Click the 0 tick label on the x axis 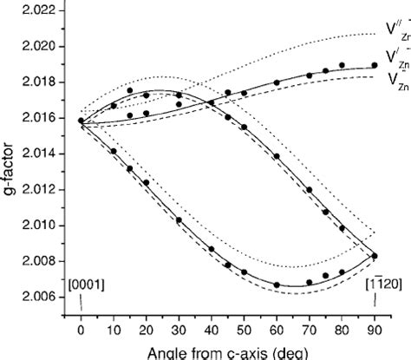[81, 330]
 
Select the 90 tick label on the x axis [375, 330]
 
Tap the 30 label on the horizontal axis [179, 330]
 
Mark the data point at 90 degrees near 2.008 [375, 255]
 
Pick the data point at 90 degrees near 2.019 [375, 65]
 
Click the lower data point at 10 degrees [114, 151]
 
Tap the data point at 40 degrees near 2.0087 [212, 248]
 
